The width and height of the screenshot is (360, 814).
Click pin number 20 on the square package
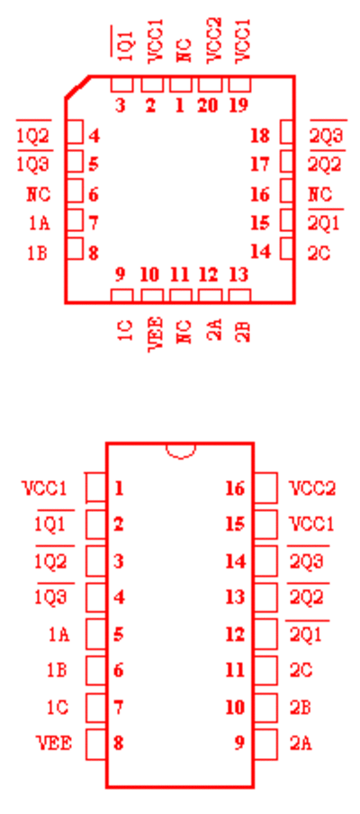(x=208, y=105)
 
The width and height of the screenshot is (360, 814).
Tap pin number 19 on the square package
(x=239, y=105)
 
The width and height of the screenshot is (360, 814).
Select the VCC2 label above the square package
(x=214, y=40)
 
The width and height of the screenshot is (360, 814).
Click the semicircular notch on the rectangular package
(x=181, y=452)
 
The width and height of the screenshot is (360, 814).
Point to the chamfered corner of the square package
(x=76, y=86)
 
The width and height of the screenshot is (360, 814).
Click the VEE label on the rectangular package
(x=54, y=744)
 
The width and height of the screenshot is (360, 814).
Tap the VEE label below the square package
(x=156, y=335)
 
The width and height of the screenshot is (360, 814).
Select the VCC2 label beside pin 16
(x=312, y=488)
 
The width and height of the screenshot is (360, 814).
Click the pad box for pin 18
(x=287, y=132)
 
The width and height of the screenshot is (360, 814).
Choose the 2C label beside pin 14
(x=319, y=254)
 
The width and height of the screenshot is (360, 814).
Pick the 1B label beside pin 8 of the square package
(x=38, y=254)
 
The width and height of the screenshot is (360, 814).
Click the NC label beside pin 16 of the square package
(x=319, y=194)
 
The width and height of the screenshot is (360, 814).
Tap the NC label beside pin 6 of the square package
(x=39, y=194)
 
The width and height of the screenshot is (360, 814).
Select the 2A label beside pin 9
(x=301, y=744)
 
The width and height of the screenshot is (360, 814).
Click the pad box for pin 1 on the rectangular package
(x=96, y=488)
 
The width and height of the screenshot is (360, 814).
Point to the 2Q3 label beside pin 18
(x=326, y=136)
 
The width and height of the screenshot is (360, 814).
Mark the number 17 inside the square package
(x=260, y=165)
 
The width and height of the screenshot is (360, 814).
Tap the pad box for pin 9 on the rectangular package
(x=266, y=745)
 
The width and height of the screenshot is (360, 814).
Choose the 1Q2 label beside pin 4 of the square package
(x=33, y=137)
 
